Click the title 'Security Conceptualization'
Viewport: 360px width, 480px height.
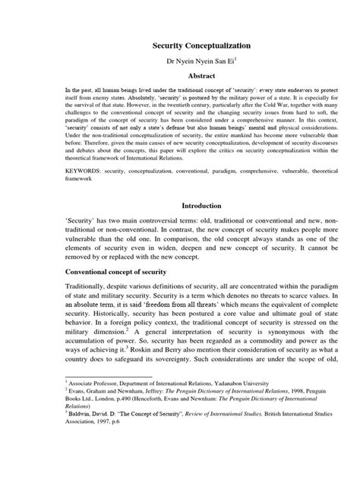(x=180, y=46)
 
